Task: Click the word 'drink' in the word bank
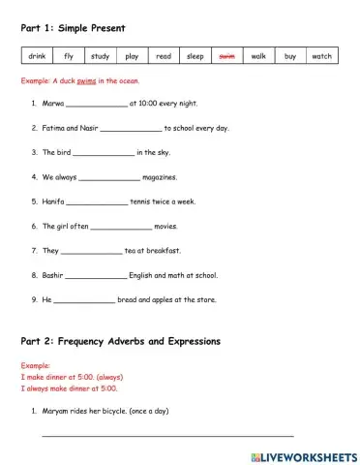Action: point(36,57)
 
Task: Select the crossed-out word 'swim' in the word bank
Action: point(226,57)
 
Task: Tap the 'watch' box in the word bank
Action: point(321,57)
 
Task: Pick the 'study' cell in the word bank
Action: point(100,57)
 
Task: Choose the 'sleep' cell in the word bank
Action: point(195,57)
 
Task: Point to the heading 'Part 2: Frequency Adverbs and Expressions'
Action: point(120,342)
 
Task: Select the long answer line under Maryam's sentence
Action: point(166,437)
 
